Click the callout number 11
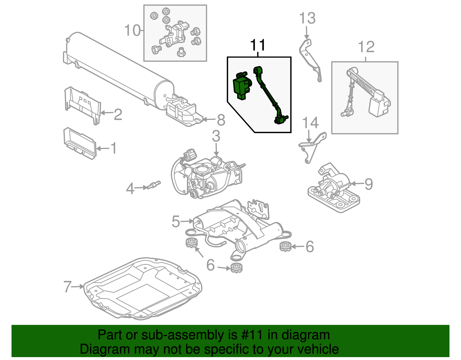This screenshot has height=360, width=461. [258, 45]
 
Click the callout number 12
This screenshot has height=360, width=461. [366, 47]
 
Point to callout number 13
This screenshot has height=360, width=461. [307, 18]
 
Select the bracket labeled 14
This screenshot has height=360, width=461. [313, 147]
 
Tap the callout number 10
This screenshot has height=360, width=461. [133, 30]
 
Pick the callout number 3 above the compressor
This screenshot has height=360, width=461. [216, 136]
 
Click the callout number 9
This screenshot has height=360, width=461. [369, 184]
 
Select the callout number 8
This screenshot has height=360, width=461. [221, 120]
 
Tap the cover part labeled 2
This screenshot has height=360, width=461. [82, 105]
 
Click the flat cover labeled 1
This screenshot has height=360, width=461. [79, 143]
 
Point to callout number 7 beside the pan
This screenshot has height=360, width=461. [67, 287]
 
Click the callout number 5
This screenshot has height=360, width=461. [176, 221]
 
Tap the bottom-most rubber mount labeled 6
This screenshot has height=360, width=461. [237, 268]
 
